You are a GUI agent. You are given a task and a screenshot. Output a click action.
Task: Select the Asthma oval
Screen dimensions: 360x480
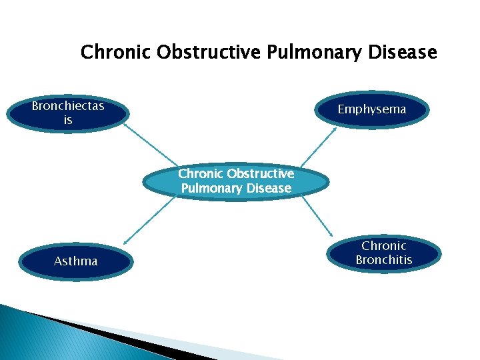pos(75,261)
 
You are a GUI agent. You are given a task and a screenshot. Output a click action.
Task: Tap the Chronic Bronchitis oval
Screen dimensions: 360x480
pos(383,253)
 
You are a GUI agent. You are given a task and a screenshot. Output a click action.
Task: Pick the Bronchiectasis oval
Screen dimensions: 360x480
pos(68,113)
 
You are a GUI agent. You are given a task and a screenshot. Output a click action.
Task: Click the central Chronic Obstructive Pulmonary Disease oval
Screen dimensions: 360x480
pos(236,181)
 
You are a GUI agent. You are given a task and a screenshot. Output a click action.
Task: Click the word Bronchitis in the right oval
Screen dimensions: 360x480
pos(383,260)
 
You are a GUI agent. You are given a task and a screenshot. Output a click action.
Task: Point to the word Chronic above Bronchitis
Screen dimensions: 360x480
pos(383,246)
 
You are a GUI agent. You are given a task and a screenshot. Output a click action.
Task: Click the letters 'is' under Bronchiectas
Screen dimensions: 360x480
pos(68,121)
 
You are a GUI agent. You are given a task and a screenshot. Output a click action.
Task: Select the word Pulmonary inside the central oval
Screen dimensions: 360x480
pos(210,189)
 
